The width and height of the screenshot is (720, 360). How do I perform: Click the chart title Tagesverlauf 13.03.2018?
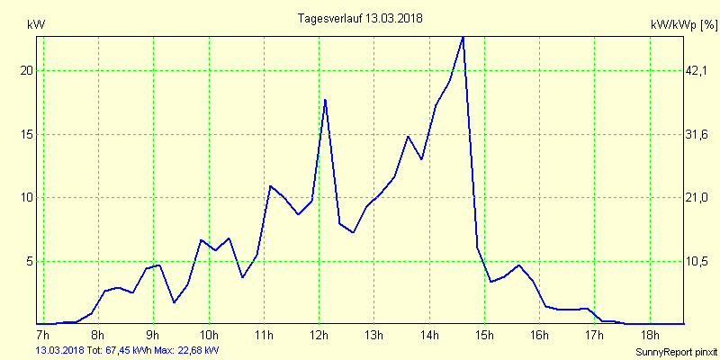359,18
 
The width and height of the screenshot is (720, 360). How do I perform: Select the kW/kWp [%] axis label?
683,26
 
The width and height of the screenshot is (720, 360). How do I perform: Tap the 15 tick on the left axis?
25,134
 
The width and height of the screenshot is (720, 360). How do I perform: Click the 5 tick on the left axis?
28,262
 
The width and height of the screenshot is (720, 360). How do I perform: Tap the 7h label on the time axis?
42,336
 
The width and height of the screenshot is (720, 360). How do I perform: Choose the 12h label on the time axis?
319,336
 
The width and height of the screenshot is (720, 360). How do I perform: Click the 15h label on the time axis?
484,336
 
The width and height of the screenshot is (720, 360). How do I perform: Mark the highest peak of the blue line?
463,37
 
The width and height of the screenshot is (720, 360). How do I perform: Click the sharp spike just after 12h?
325,100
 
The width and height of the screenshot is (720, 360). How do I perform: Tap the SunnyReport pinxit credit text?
674,350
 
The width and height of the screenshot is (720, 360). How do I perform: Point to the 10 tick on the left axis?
25,198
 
